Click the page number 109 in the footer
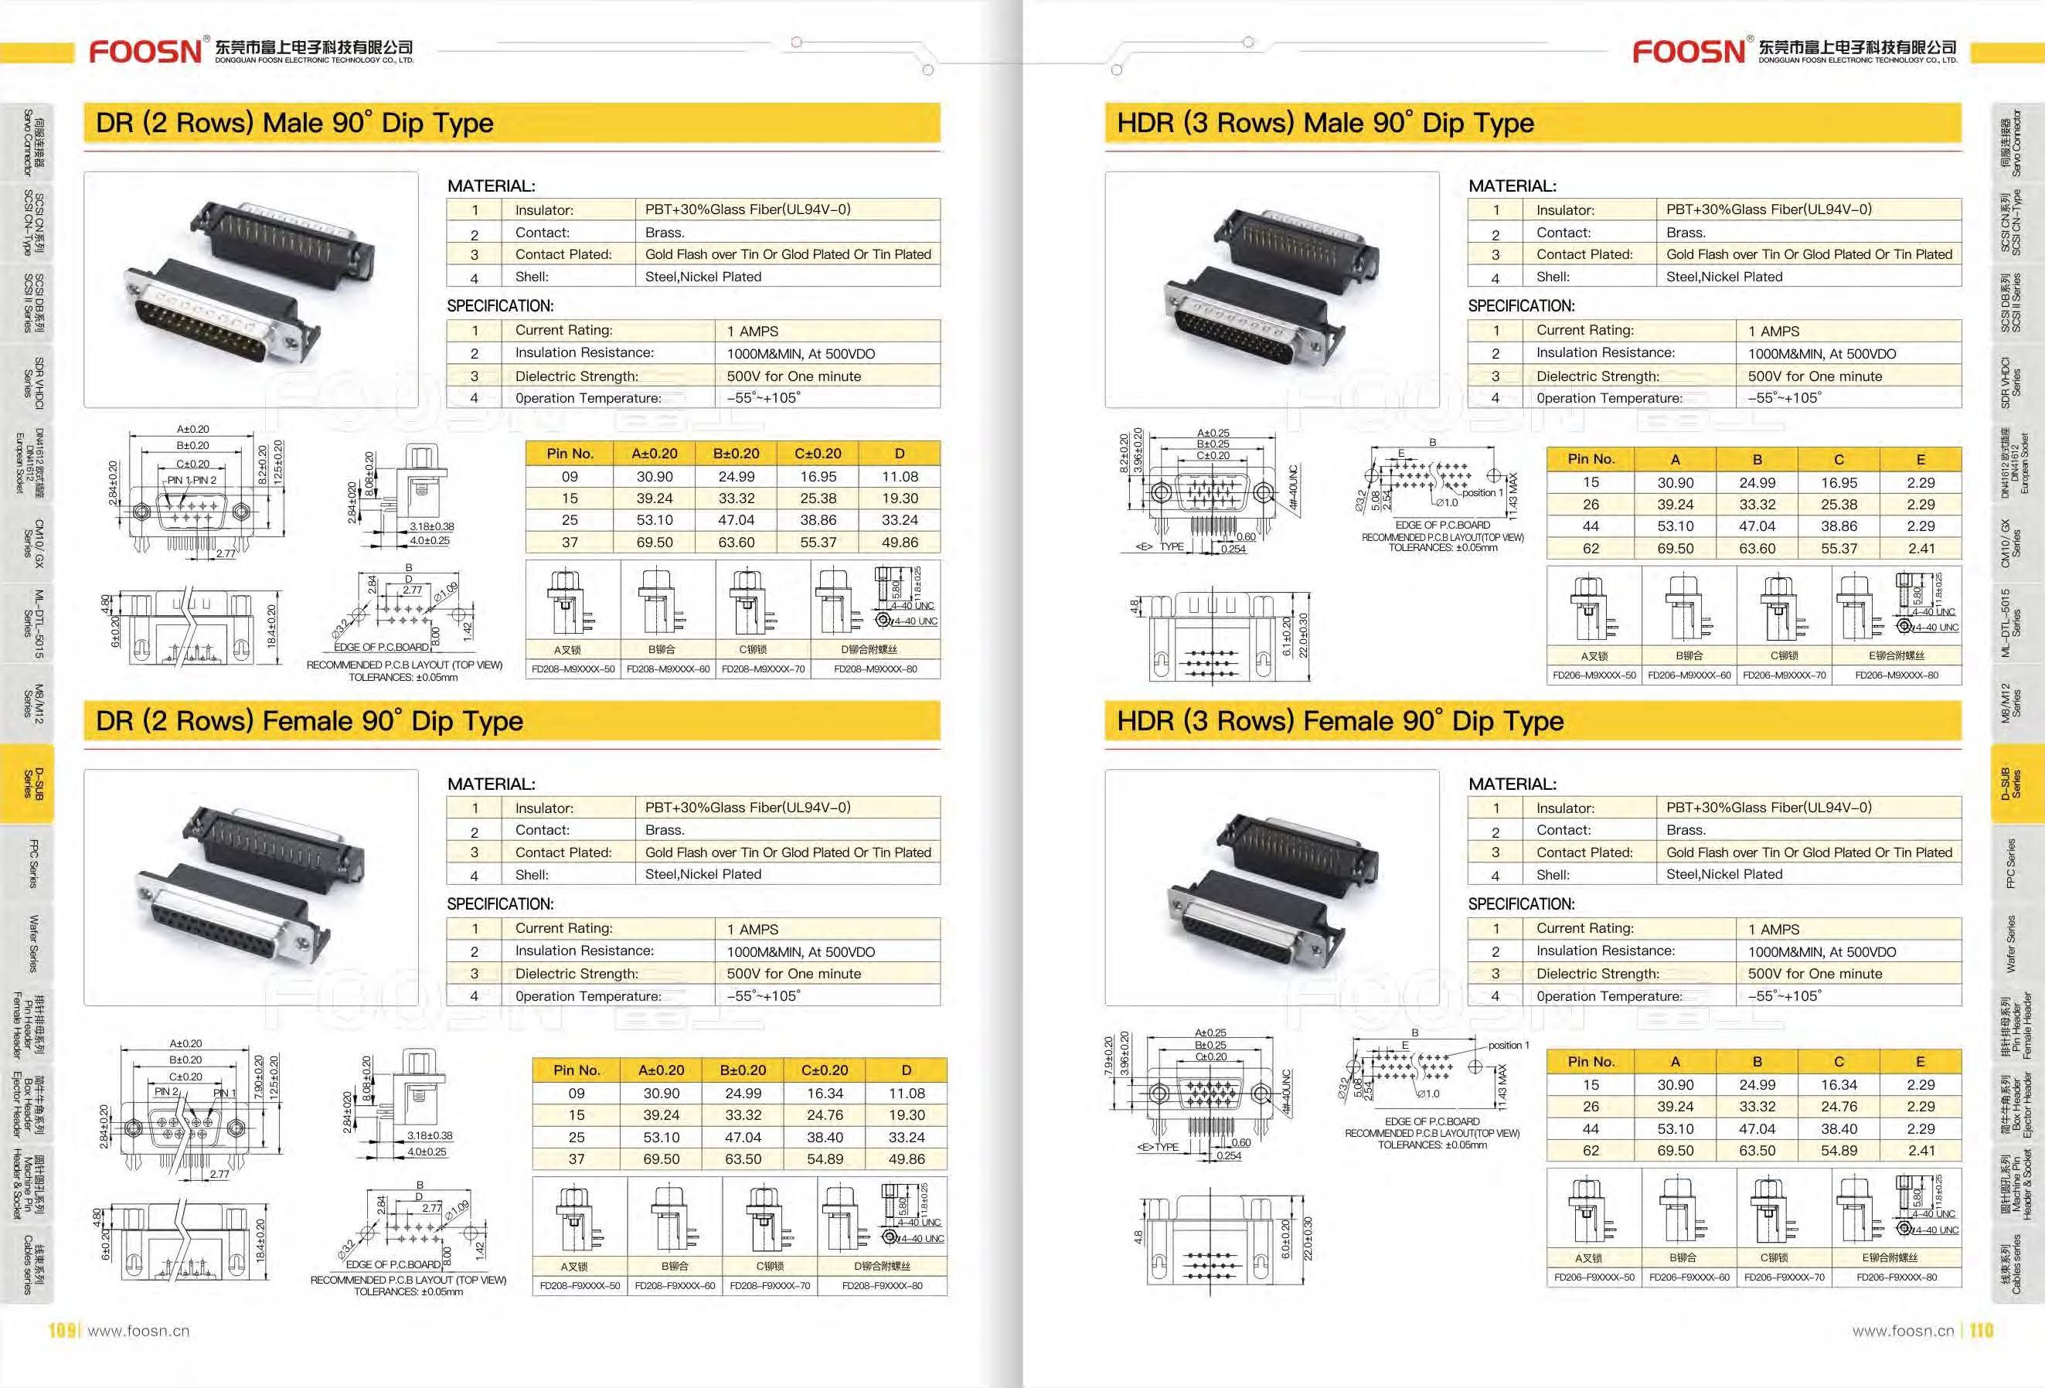coord(62,1330)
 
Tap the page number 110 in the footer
coord(1981,1330)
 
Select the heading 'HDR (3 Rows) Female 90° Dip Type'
coord(1340,722)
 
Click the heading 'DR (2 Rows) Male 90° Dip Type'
coord(294,123)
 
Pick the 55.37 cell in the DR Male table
coord(818,543)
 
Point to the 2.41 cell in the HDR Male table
coord(1920,549)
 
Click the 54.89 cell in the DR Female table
coord(825,1159)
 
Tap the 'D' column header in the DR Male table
coord(900,454)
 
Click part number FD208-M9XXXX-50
coord(573,669)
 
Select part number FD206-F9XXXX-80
coord(1897,1277)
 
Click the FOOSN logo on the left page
coord(145,51)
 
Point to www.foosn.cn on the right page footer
coord(1903,1331)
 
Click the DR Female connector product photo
coord(250,887)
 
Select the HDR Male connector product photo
coord(1271,290)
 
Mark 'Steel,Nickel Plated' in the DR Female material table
coord(703,874)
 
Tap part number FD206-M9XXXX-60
coord(1689,675)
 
